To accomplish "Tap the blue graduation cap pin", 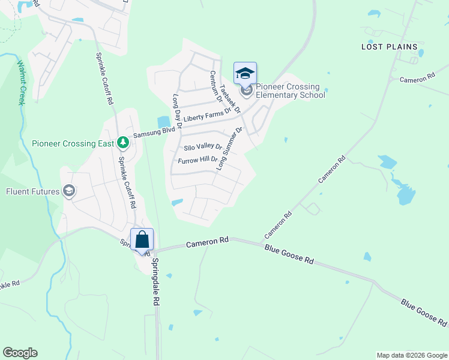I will point(245,73).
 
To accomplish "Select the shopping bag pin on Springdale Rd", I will point(142,240).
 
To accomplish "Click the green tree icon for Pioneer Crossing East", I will point(123,143).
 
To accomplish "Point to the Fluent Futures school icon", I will point(68,191).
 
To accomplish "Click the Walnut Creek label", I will point(20,82).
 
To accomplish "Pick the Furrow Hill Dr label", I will point(197,160).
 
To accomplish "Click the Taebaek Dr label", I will point(230,98).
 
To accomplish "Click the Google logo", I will point(20,353).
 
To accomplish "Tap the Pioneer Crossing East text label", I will point(72,143).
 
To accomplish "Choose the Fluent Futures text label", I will point(33,192).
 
